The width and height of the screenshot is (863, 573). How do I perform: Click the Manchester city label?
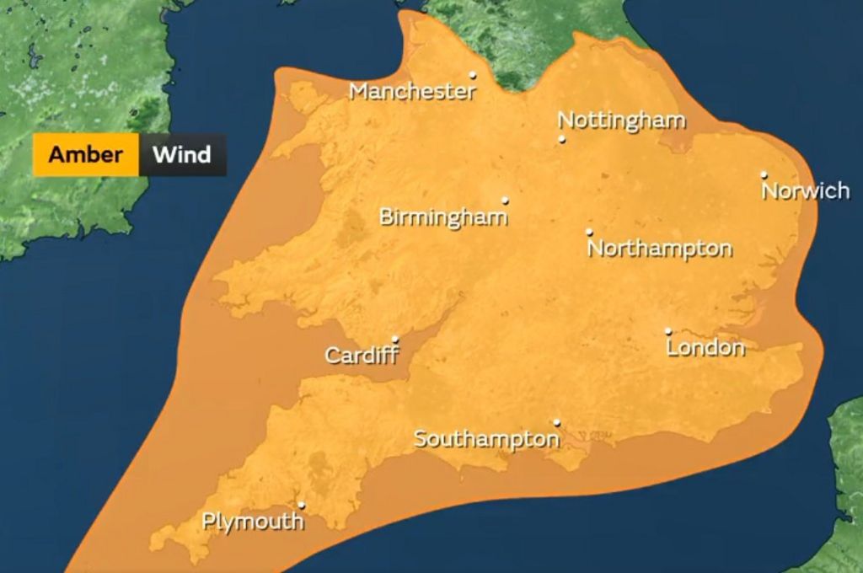(x=413, y=91)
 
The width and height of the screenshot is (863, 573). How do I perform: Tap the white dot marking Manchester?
(x=473, y=75)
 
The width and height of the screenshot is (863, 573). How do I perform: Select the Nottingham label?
(x=622, y=120)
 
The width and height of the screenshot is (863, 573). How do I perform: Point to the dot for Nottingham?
(x=562, y=139)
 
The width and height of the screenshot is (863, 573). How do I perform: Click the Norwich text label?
(x=806, y=191)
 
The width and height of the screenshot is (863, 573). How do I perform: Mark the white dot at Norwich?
(x=764, y=175)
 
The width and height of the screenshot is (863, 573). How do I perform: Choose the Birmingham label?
(x=443, y=217)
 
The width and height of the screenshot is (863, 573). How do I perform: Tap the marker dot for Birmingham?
(x=506, y=201)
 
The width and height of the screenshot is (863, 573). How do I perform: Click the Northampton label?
(x=660, y=249)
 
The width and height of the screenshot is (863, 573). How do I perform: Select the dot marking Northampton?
(x=589, y=232)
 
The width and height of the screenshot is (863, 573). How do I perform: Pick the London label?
(x=705, y=347)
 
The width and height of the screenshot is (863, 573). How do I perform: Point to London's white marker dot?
(x=668, y=331)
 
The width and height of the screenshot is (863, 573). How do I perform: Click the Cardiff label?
(x=362, y=356)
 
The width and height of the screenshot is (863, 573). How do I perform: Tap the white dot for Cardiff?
(x=395, y=340)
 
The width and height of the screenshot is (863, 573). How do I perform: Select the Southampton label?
(x=486, y=439)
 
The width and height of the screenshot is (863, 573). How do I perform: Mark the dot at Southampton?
(x=556, y=422)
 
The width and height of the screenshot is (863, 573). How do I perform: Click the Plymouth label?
(x=253, y=522)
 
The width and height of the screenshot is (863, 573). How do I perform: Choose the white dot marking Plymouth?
(x=302, y=506)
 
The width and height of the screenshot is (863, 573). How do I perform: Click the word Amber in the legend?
(x=85, y=155)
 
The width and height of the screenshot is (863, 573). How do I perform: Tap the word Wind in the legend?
(x=181, y=155)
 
